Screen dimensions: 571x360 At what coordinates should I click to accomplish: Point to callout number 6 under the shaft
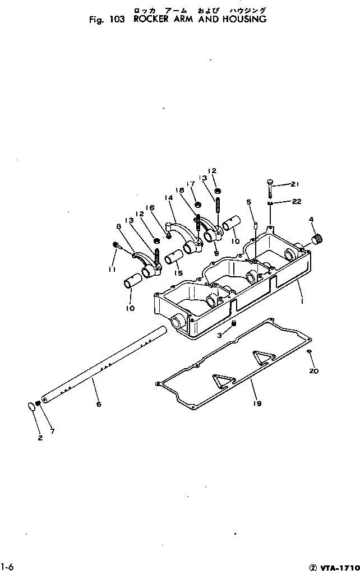99,403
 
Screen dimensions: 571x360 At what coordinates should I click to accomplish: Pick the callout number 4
311,219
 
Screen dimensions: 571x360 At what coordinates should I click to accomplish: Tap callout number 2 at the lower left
40,438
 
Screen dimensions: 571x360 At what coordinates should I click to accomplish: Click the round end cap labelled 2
31,406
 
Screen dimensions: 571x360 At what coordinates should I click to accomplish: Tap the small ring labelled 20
309,352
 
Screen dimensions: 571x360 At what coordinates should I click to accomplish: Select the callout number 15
179,273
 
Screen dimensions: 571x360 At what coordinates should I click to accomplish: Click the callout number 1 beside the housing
303,301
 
